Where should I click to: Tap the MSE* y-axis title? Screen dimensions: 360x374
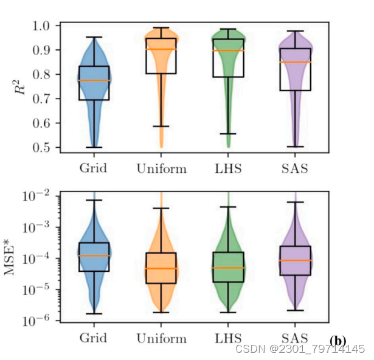tap(13, 258)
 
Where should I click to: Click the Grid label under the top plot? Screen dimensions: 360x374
tap(94, 168)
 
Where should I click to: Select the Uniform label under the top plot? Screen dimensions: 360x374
tap(161, 168)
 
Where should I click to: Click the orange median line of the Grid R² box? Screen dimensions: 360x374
tap(94, 80)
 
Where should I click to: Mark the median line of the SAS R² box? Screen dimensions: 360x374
tap(294, 61)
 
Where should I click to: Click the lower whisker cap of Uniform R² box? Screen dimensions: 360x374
tap(161, 126)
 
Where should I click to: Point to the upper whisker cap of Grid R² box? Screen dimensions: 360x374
tap(94, 37)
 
